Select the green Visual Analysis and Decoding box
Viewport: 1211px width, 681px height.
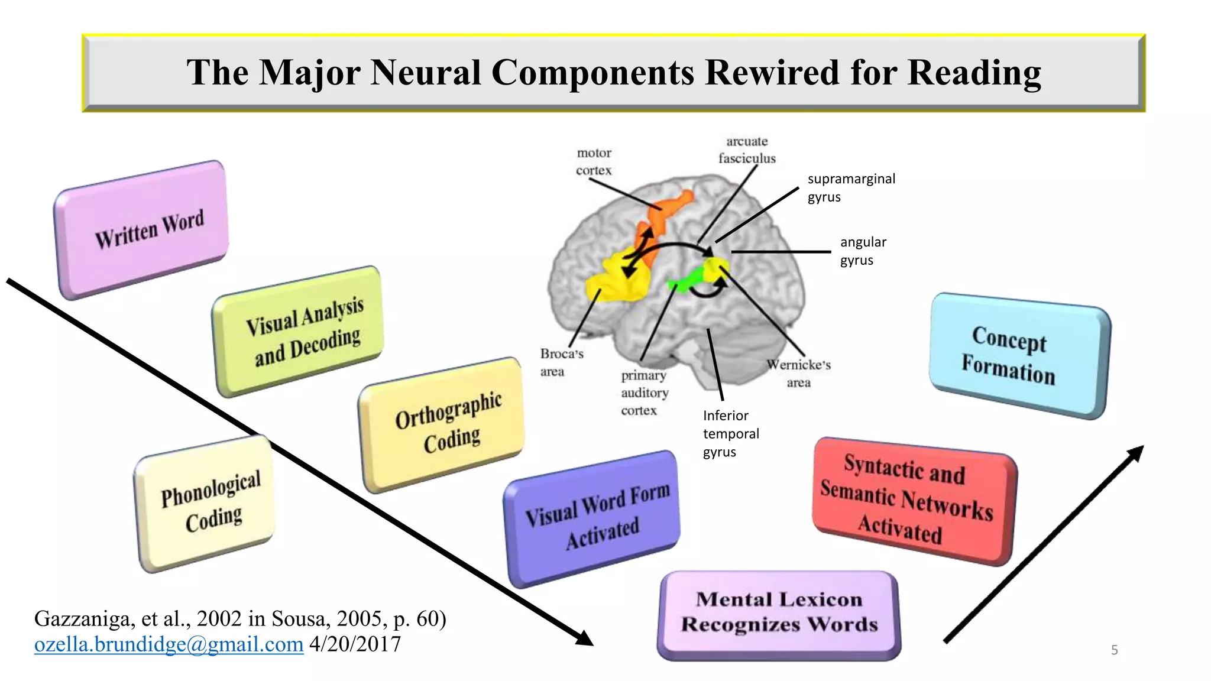(x=299, y=331)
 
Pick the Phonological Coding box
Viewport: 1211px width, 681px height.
(x=207, y=502)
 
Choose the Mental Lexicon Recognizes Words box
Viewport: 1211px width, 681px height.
(x=779, y=613)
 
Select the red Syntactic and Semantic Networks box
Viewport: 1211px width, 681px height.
(x=914, y=500)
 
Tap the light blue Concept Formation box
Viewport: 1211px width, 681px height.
(x=1018, y=355)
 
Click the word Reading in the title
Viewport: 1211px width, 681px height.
(x=974, y=73)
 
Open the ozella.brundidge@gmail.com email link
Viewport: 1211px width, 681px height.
(x=169, y=644)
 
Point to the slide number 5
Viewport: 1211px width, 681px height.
(x=1114, y=650)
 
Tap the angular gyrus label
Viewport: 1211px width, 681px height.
(x=862, y=251)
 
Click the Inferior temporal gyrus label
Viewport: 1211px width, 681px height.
(x=730, y=433)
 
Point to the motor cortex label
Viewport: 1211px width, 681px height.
(x=594, y=161)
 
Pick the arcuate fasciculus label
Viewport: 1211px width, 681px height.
(x=747, y=150)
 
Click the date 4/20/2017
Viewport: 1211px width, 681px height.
(x=355, y=644)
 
